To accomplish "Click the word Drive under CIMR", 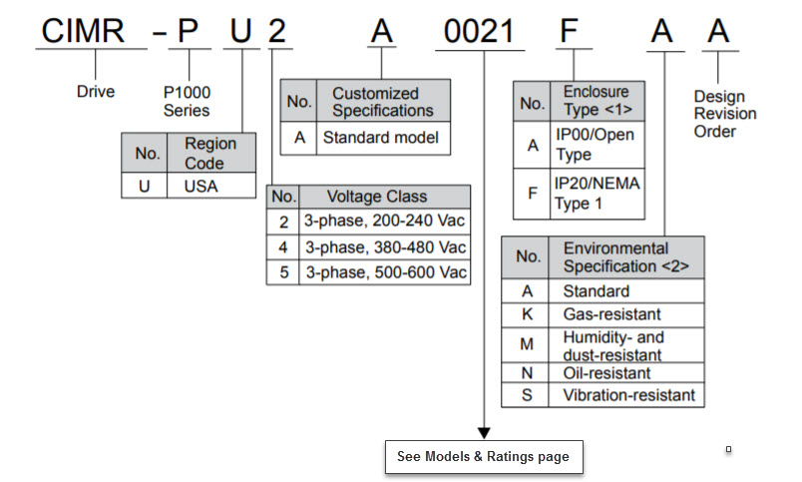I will click(x=96, y=92).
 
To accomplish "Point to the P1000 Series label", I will click(x=187, y=101).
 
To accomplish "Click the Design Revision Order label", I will click(x=725, y=114).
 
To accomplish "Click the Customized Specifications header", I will click(x=382, y=102).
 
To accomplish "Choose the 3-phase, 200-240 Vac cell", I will click(x=385, y=221).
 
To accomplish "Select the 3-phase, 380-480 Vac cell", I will click(x=385, y=246).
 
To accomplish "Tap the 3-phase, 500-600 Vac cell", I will click(x=385, y=271).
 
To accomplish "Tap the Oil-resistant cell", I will click(x=606, y=373).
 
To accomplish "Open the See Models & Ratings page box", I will click(x=483, y=456).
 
